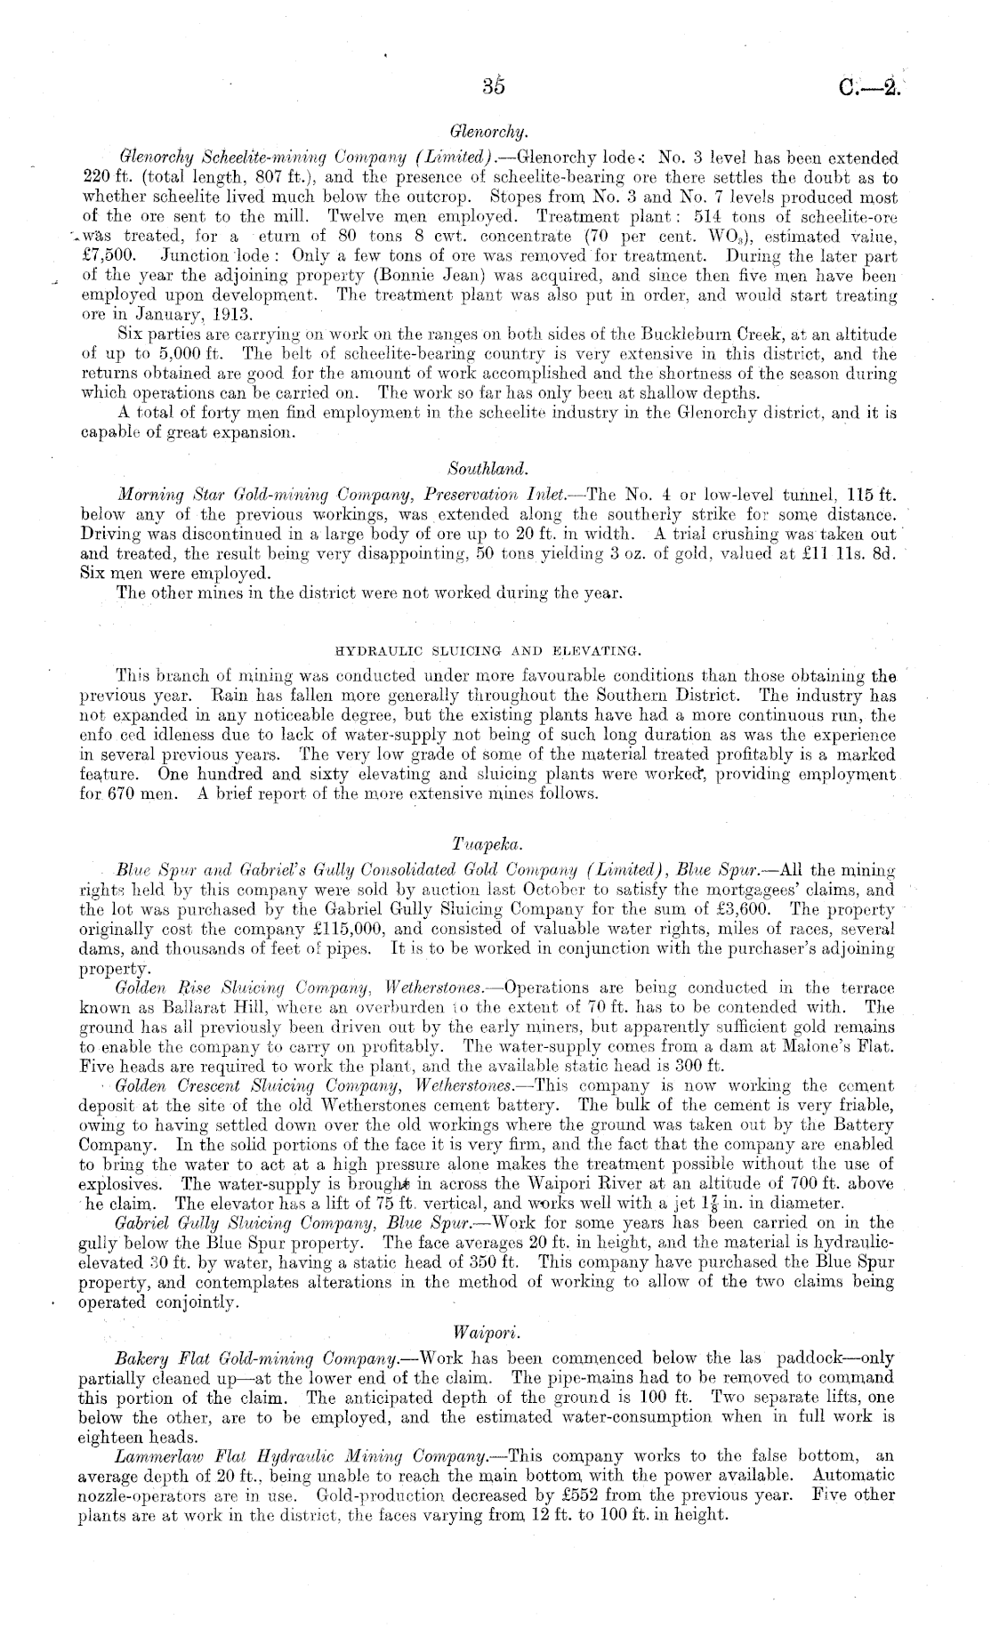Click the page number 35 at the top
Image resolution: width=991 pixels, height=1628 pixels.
[493, 86]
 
